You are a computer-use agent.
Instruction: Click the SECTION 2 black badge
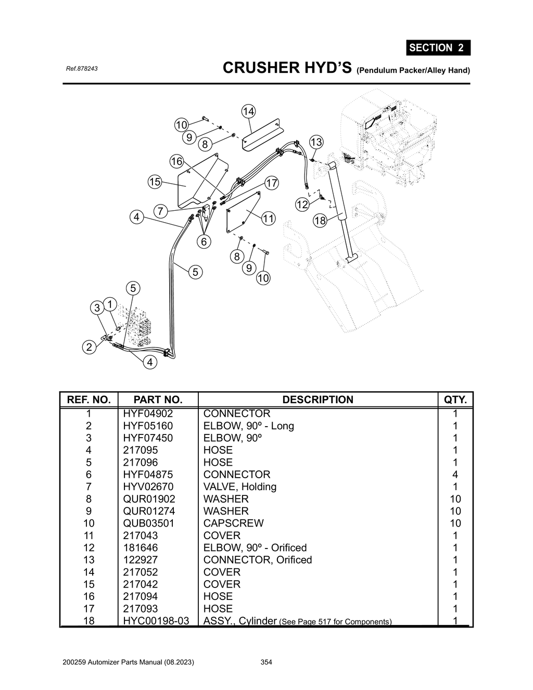[438, 48]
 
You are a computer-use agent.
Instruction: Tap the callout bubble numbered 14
[248, 111]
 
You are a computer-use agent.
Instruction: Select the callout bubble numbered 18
[320, 221]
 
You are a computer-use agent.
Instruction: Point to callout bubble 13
[316, 142]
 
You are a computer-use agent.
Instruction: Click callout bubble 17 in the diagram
[272, 183]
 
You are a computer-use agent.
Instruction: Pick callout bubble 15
[155, 182]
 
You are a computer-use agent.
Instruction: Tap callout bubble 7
[160, 211]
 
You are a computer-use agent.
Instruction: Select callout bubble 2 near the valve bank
[89, 347]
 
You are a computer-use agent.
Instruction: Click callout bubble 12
[302, 205]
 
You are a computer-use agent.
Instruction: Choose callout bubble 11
[268, 219]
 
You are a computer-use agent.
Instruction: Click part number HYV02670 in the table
[147, 487]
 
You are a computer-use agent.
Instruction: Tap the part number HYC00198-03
[156, 621]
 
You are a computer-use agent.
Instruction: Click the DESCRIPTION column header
[318, 400]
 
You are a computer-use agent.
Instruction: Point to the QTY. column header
[455, 400]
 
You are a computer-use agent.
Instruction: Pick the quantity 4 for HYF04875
[455, 475]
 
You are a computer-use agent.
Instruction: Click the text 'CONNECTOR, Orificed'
[257, 560]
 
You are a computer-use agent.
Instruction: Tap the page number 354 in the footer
[266, 662]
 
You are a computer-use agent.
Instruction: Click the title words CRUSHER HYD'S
[287, 68]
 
